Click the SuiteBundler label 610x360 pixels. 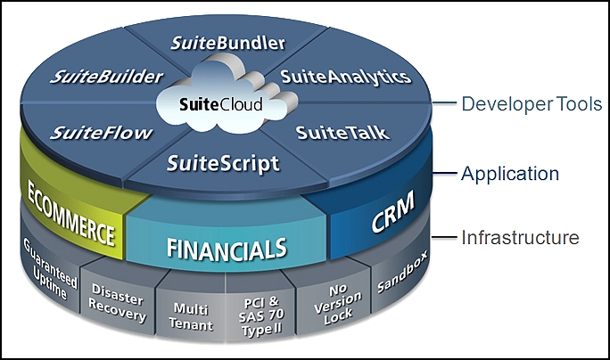coord(228,43)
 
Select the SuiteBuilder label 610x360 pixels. coord(107,77)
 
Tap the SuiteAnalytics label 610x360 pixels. coord(346,78)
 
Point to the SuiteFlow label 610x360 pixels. coord(101,133)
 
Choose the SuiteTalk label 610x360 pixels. coord(342,133)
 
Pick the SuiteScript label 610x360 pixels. coord(223,164)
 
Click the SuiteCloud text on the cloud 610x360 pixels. coord(221,104)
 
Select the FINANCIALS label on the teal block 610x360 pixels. coord(227,249)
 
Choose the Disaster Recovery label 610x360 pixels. coord(118,303)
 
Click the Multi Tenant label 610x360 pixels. coord(191,316)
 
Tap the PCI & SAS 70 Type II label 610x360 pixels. coord(261,316)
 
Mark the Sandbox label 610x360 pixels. coord(402,272)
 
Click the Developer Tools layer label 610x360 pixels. coord(532,103)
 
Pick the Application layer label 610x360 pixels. coord(510,174)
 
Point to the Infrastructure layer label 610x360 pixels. coord(520,237)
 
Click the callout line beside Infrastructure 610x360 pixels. coord(444,237)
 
